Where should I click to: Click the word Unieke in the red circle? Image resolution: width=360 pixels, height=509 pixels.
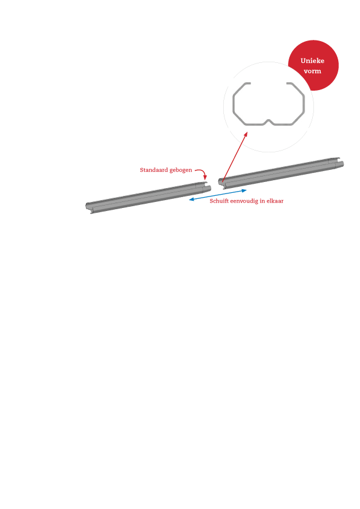312,60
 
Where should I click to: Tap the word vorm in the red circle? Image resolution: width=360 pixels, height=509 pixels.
312,71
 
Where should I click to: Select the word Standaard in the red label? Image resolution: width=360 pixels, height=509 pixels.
154,170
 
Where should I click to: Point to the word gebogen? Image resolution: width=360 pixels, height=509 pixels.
181,170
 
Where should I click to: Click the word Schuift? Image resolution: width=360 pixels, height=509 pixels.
219,201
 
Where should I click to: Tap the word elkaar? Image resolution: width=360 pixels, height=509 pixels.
275,201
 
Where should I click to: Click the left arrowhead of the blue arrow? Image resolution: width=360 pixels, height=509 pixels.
191,199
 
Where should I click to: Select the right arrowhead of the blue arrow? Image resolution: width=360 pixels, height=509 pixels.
244,190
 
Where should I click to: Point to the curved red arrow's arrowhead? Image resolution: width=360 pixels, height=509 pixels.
205,177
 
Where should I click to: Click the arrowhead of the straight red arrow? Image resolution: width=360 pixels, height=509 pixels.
246,134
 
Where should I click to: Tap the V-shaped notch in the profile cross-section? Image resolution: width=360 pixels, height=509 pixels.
269,122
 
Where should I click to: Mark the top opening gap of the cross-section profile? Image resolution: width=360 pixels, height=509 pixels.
269,83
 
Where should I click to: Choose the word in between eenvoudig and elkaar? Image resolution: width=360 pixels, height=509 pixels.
262,201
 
